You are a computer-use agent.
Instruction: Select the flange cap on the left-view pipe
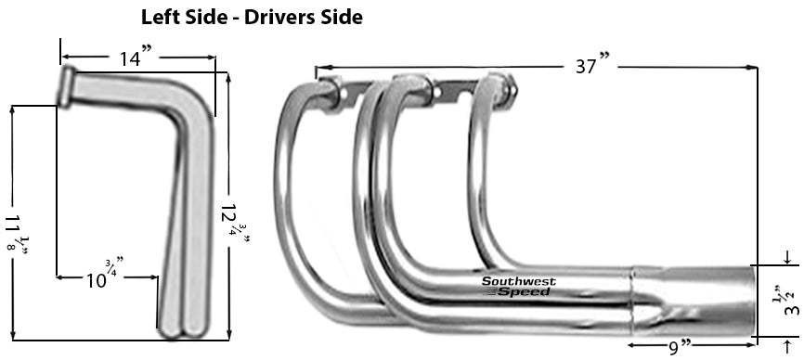[x=68, y=85]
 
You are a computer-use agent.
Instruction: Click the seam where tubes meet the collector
[x=634, y=302]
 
